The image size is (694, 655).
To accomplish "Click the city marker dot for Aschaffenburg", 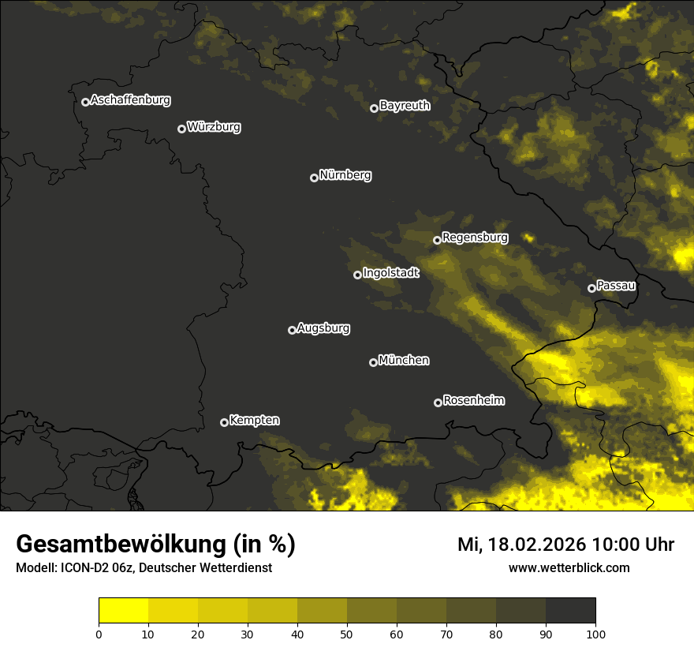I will pos(85,102).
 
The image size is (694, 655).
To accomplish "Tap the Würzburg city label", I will pos(214,127).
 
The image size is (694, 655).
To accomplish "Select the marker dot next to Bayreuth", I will pos(374,108).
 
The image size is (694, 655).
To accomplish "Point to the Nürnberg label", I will pos(345,175).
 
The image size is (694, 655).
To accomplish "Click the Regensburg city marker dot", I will pos(437,240).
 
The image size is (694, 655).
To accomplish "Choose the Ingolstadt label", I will pos(391,273).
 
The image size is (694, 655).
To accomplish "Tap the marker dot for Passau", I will pos(591,288).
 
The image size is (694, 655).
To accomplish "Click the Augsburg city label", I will pos(323,328).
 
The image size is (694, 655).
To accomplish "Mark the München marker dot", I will pos(373,362).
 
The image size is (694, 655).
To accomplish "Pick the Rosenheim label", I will pos(473,401).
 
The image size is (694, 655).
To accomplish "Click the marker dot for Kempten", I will pos(224,422).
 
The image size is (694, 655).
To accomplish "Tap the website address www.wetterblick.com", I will pos(569,567).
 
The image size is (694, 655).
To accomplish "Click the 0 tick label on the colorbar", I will pos(99,634).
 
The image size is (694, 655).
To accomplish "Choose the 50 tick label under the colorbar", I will pos(347,634).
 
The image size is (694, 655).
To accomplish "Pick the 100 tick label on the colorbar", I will pos(595,634).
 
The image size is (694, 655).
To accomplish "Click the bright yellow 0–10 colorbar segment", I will pos(124,611).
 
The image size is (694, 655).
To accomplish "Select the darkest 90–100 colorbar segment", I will pos(570,611).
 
